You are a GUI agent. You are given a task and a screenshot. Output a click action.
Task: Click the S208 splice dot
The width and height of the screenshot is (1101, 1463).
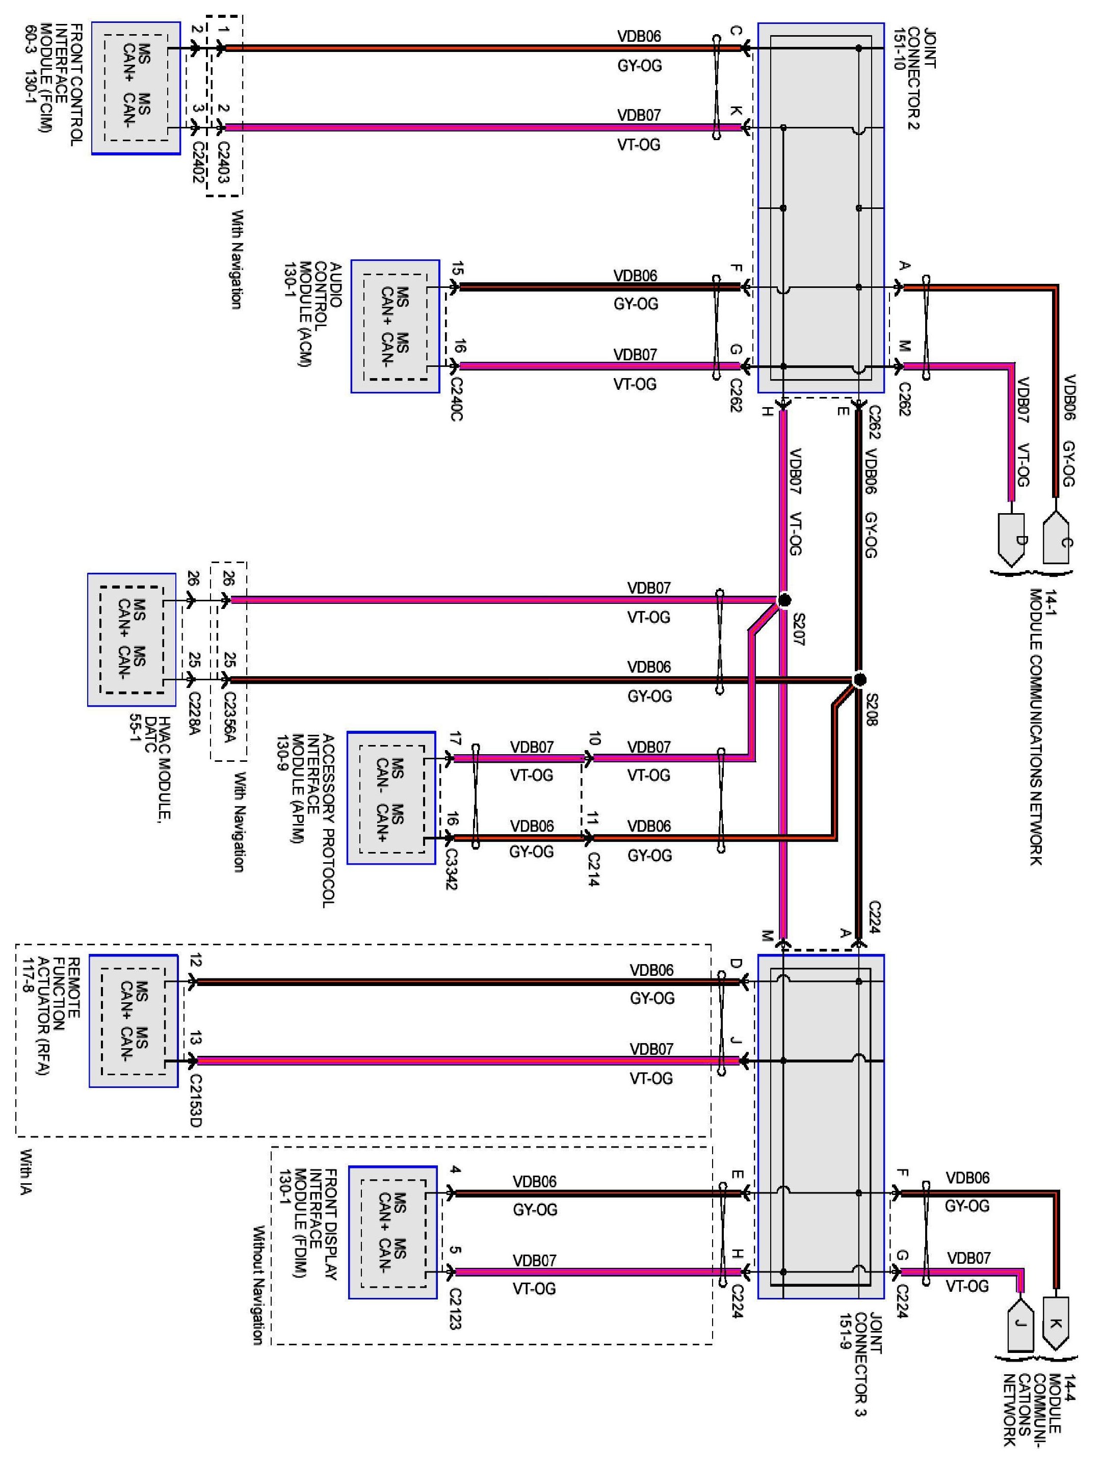coord(859,679)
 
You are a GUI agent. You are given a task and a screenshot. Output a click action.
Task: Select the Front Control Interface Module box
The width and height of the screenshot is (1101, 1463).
coord(136,88)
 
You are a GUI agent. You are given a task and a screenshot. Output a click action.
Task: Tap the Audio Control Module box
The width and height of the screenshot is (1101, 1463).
coord(395,326)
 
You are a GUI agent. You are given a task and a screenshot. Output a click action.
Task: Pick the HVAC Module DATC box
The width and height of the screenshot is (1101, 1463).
coord(132,640)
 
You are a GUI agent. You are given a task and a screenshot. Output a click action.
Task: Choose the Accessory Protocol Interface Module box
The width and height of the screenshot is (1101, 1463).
coord(391,797)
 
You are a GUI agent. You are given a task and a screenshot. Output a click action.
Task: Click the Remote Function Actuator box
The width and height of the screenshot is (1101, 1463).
coord(134,1021)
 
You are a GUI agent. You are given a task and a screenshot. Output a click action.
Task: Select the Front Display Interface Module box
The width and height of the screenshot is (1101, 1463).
coord(393,1232)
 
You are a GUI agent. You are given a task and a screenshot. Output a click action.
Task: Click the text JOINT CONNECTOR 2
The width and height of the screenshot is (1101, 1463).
coord(913,78)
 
